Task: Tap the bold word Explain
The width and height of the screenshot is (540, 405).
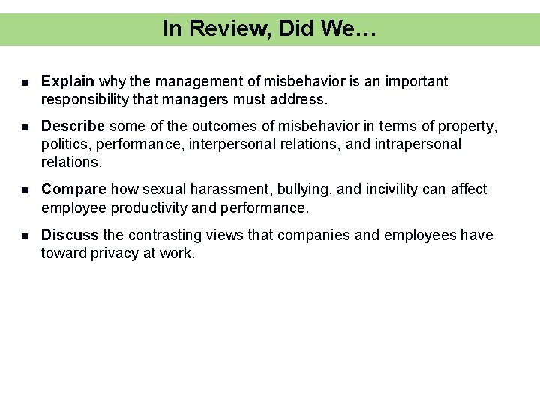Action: pos(67,81)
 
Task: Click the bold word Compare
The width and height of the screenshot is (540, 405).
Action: pos(73,190)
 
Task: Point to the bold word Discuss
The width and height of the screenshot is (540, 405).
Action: pos(70,235)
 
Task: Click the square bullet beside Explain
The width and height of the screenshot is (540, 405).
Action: pos(25,82)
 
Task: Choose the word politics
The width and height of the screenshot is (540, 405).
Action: pos(67,144)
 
